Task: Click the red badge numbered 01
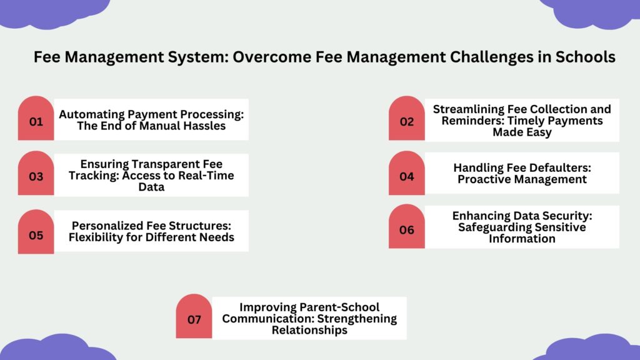(x=36, y=118)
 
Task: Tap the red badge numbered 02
(x=406, y=118)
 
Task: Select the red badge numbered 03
(x=36, y=173)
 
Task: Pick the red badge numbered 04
(x=406, y=173)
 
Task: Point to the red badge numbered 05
(x=36, y=232)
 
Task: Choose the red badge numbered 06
(x=406, y=226)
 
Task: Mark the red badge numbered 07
(x=194, y=316)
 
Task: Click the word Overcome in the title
(x=272, y=57)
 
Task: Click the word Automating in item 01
(x=92, y=115)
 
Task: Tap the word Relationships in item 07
(x=309, y=330)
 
